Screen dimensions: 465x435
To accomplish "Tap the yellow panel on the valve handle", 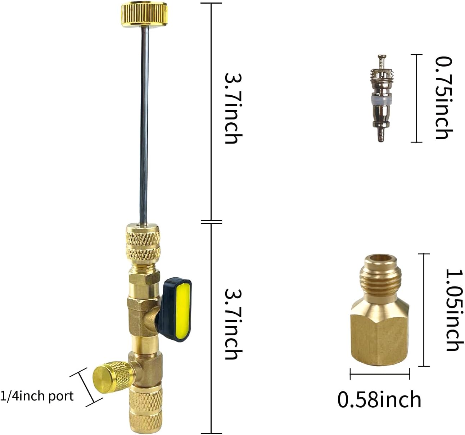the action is click(x=183, y=310).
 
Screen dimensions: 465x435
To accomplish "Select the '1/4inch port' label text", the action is click(x=37, y=396).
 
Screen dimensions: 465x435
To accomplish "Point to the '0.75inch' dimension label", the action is click(x=443, y=98).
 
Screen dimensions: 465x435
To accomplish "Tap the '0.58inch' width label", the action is click(x=379, y=400).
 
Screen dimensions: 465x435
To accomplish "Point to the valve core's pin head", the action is click(x=382, y=56).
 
